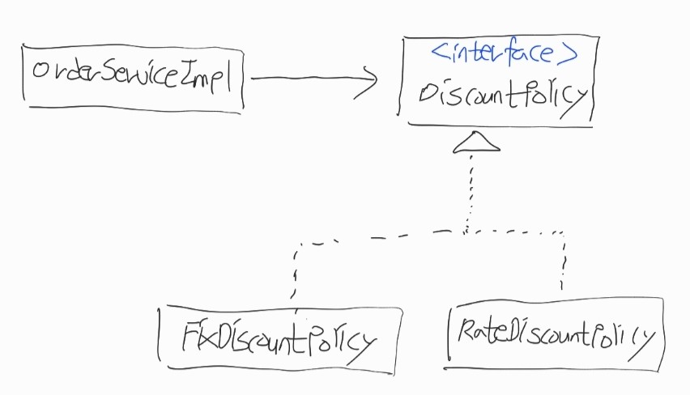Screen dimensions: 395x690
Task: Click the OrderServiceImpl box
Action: (134, 78)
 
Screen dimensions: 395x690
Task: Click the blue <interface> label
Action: (504, 55)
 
